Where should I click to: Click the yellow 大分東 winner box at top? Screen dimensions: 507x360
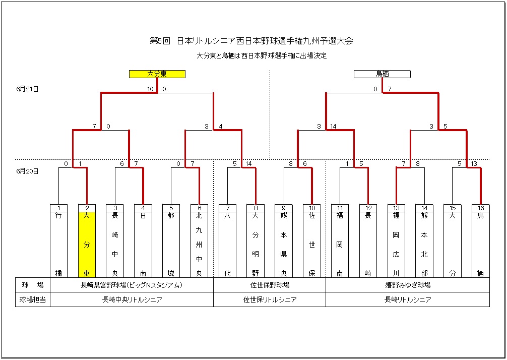(x=157, y=74)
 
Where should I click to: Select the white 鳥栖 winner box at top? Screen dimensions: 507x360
(x=382, y=74)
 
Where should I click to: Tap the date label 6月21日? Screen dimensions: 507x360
(x=28, y=89)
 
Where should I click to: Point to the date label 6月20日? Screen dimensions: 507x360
(x=28, y=171)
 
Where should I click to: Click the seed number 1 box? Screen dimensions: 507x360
(x=58, y=208)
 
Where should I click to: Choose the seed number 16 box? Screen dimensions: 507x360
(x=480, y=208)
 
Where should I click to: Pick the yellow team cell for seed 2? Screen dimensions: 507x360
(x=87, y=245)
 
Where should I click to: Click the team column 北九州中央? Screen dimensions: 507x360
(x=199, y=245)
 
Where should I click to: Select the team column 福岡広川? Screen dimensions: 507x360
(x=397, y=245)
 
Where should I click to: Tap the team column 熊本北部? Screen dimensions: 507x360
(x=424, y=245)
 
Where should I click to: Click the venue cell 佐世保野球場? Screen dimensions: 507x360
(x=270, y=285)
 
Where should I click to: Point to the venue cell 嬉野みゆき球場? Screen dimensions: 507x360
(x=407, y=285)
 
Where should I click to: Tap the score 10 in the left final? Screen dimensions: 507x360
(x=150, y=89)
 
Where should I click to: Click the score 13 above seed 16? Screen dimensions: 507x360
(x=474, y=164)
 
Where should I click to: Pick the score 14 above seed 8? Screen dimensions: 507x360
(x=248, y=164)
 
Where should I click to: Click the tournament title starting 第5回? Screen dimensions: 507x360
(x=251, y=41)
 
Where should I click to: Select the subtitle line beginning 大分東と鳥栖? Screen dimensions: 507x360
(x=262, y=55)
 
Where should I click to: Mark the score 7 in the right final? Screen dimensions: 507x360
(x=389, y=89)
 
